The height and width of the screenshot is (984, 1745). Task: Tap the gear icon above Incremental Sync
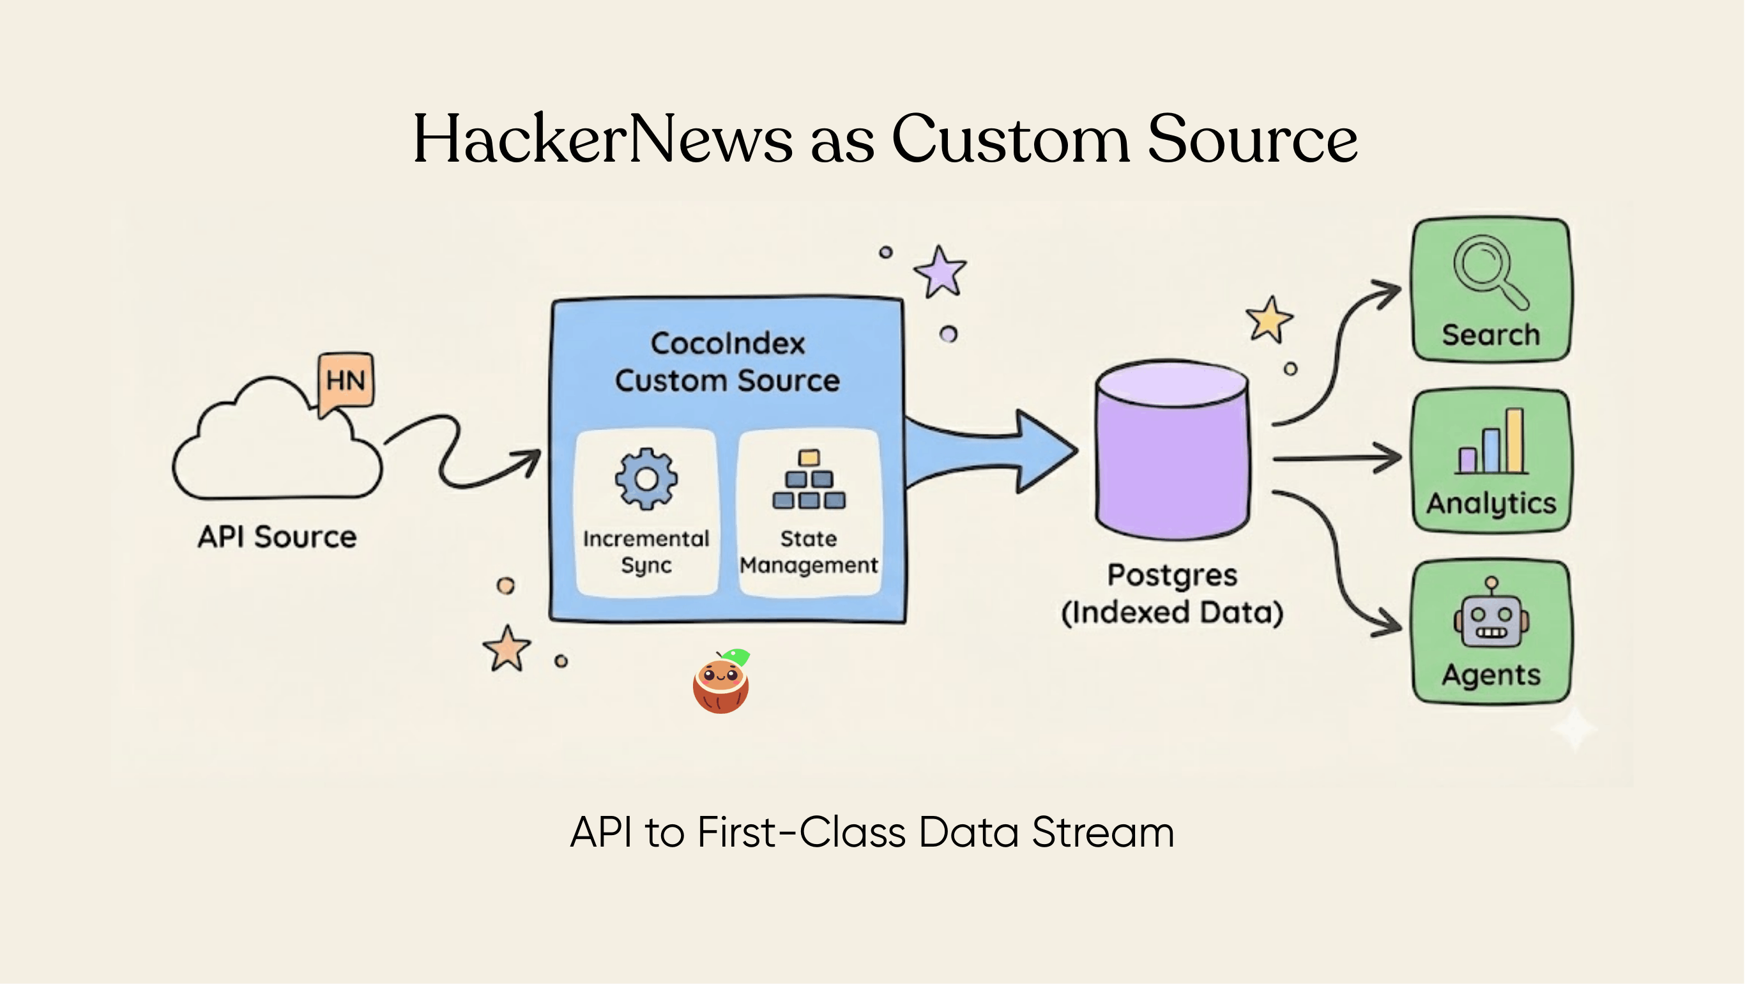click(646, 479)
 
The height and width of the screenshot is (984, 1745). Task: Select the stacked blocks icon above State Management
click(809, 480)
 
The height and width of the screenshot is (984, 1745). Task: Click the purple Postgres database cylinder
click(1172, 454)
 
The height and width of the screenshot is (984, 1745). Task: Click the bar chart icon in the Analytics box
click(1493, 443)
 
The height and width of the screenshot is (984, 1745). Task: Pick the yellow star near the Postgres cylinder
click(1269, 319)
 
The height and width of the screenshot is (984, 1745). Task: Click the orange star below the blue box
click(507, 649)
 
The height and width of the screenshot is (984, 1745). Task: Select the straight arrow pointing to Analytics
click(1334, 459)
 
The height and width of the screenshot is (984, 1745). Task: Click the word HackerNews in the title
click(602, 139)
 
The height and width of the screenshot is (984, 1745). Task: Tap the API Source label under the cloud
click(277, 537)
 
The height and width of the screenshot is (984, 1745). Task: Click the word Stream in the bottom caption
click(1103, 832)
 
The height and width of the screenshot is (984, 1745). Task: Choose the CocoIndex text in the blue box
click(728, 344)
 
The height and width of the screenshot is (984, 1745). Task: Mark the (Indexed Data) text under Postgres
click(1172, 613)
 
